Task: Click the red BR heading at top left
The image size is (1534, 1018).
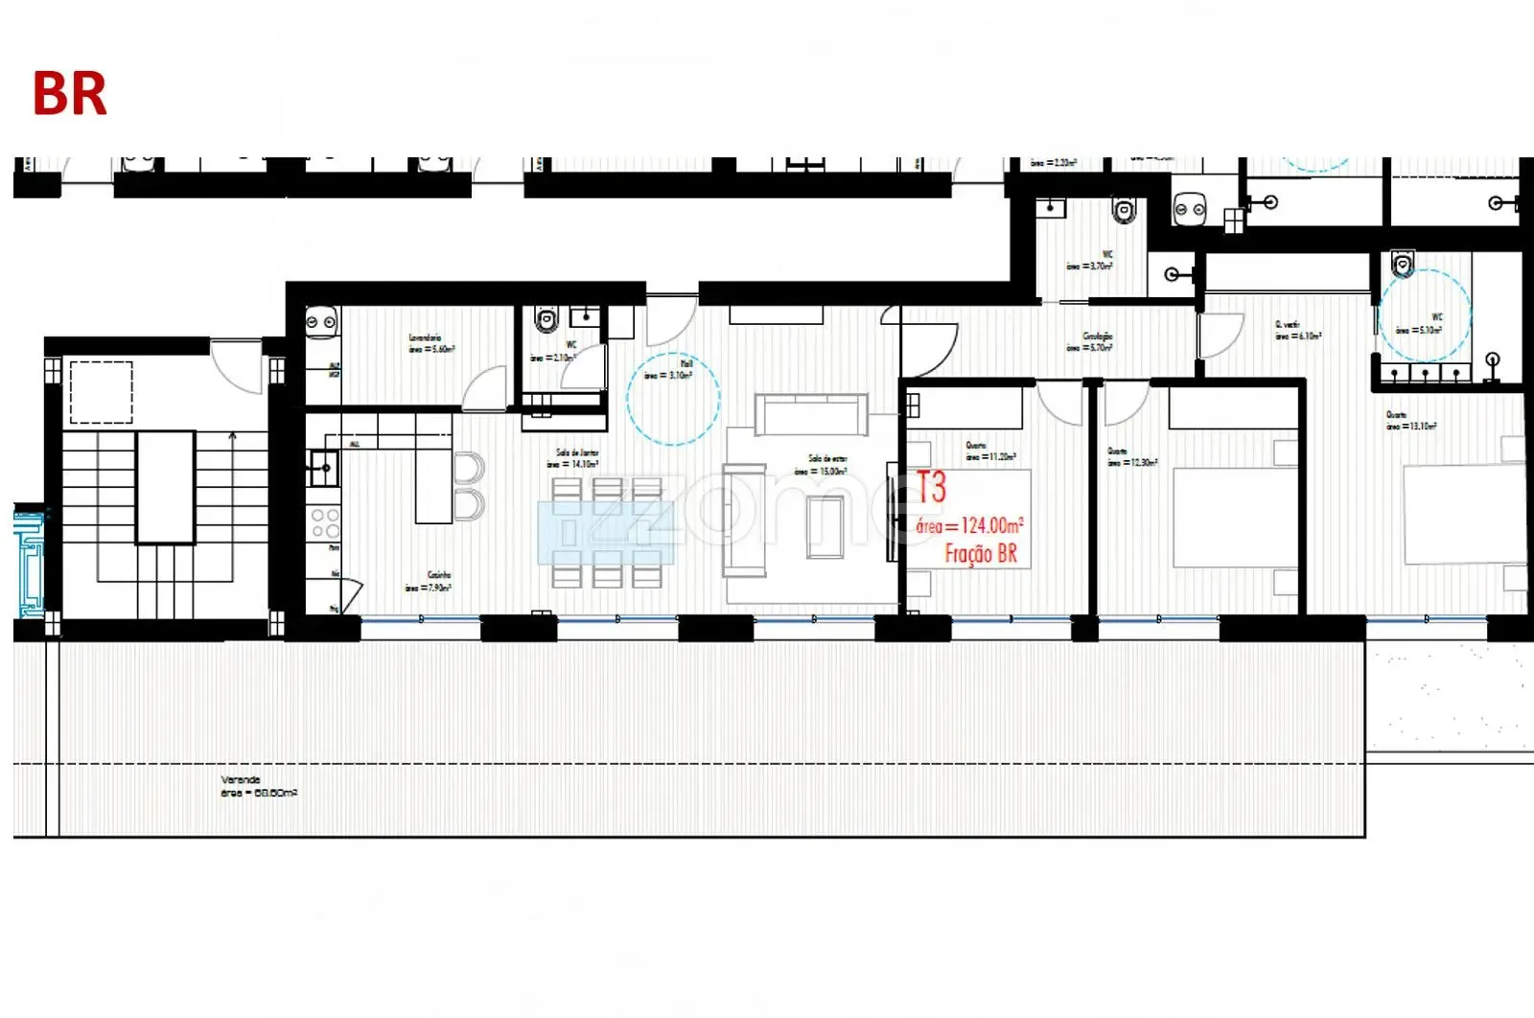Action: point(69,94)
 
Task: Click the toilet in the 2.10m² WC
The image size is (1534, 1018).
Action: point(546,319)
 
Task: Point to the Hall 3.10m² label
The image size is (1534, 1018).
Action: point(670,370)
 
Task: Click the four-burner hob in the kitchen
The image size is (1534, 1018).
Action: point(325,523)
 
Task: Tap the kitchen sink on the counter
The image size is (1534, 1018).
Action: point(323,469)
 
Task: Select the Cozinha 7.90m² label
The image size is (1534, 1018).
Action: point(429,581)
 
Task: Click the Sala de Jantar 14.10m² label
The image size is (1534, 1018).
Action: point(574,458)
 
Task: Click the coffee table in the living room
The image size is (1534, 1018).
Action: point(824,527)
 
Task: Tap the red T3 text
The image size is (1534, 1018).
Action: point(931,487)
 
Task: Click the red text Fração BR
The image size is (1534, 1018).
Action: point(980,554)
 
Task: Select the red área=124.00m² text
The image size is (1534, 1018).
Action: point(969,525)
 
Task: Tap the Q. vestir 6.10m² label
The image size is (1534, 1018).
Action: point(1296,331)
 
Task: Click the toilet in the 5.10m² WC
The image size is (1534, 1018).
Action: point(1403,262)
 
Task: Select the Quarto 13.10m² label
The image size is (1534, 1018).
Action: point(1409,421)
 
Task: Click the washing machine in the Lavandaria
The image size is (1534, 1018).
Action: point(321,323)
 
